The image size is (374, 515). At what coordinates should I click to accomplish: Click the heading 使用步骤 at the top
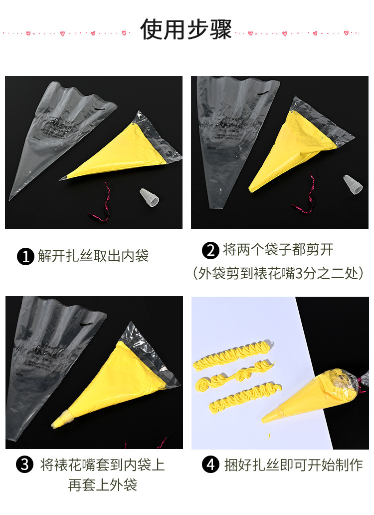pyautogui.click(x=186, y=29)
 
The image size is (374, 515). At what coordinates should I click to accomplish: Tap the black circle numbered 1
pyautogui.click(x=25, y=257)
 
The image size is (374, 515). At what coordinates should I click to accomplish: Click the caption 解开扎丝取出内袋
pyautogui.click(x=93, y=257)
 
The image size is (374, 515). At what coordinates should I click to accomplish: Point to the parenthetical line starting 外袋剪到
pyautogui.click(x=277, y=274)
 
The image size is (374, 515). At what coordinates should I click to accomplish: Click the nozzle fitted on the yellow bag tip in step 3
pyautogui.click(x=62, y=418)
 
